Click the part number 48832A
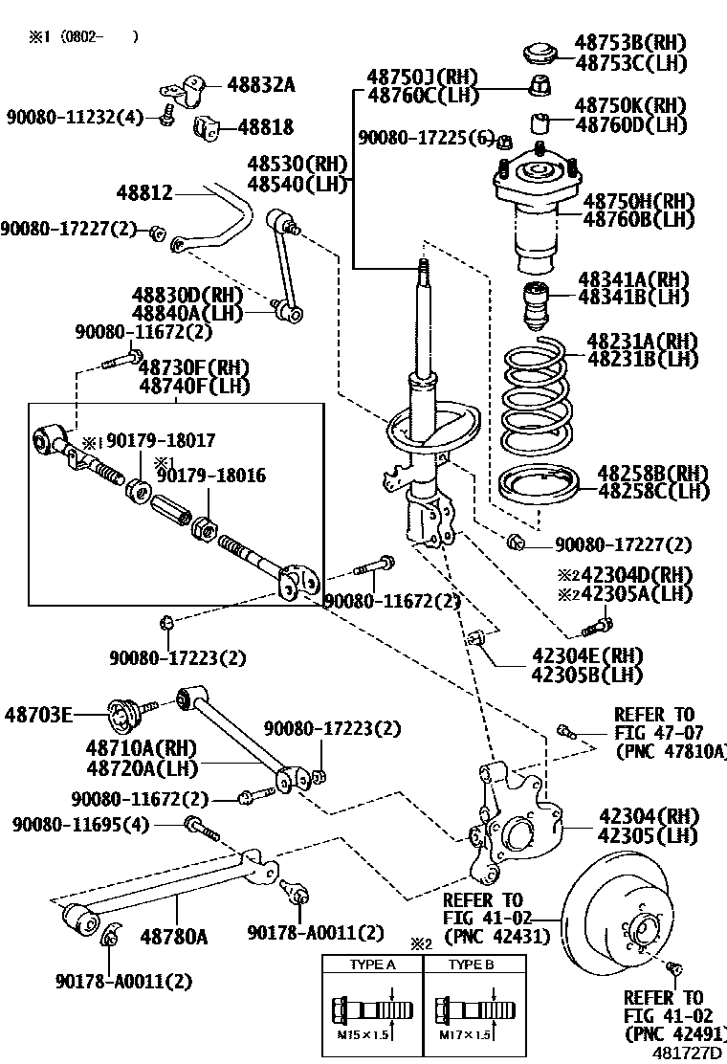point(261,85)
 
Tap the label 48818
point(265,126)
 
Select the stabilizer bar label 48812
point(144,193)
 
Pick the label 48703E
point(38,714)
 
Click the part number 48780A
point(174,936)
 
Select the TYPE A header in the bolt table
point(372,964)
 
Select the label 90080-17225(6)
point(425,139)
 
